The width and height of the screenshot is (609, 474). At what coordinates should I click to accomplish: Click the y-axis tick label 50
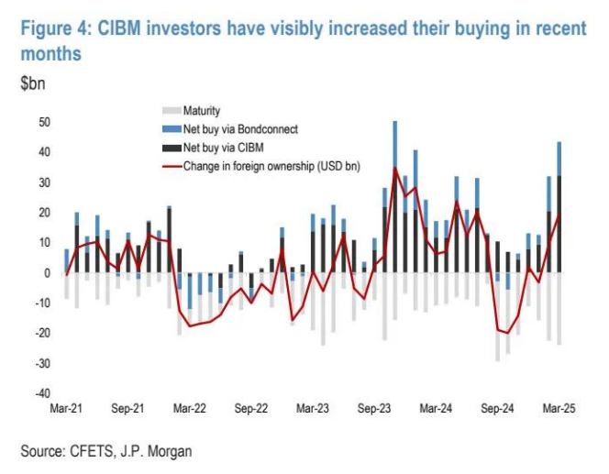[x=43, y=122]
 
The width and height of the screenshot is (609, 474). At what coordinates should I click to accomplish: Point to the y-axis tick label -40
[x=41, y=394]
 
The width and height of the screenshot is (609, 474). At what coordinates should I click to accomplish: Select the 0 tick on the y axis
[x=47, y=273]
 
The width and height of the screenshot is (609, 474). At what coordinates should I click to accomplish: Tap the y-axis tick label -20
[x=41, y=334]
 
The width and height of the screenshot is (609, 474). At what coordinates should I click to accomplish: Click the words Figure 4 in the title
[x=56, y=28]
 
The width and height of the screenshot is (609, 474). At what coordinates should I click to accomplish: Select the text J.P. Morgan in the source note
[x=158, y=451]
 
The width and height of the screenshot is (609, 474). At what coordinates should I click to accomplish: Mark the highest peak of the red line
[x=395, y=168]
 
